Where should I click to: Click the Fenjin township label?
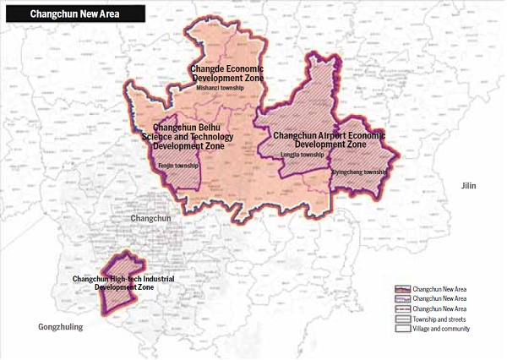[177, 166]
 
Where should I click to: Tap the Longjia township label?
[302, 155]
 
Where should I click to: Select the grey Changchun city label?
[151, 219]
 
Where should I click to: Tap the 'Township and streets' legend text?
[442, 319]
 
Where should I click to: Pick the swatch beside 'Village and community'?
[403, 330]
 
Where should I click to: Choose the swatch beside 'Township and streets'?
[403, 319]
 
